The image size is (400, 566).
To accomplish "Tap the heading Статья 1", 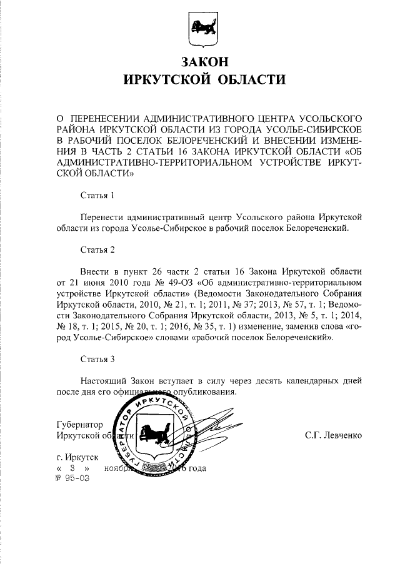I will pos(98,196).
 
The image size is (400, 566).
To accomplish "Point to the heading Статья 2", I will pos(98,251).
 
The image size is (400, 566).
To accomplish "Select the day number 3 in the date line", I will pos(73,468).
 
